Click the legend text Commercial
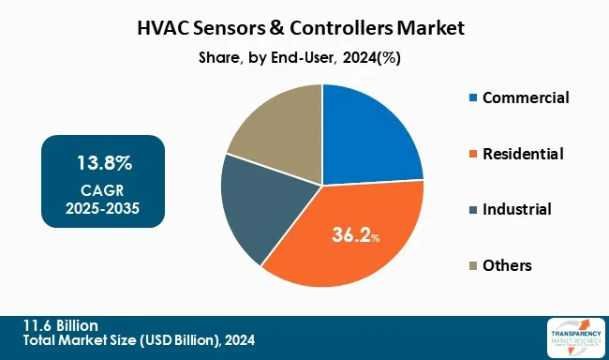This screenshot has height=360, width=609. coord(526,97)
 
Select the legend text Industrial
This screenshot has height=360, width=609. coord(516,209)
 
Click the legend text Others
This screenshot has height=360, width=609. coord(507,265)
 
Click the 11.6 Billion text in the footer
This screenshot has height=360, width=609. coord(57,323)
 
